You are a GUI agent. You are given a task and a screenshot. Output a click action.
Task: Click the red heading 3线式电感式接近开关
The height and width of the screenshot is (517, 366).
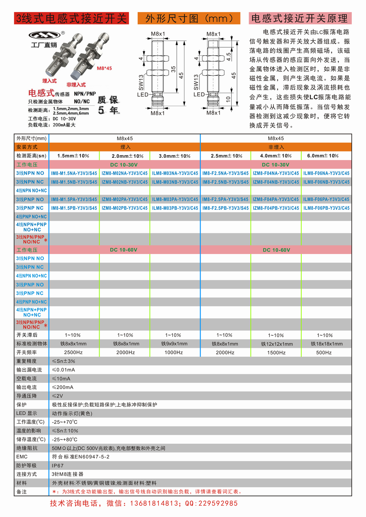click(x=71, y=18)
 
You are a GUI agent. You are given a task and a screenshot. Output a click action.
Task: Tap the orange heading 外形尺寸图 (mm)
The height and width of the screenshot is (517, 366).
click(x=189, y=18)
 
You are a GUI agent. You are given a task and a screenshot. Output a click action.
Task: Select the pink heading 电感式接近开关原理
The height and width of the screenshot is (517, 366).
click(x=300, y=18)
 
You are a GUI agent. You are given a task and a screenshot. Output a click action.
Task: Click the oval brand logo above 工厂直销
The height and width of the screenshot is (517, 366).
click(x=44, y=36)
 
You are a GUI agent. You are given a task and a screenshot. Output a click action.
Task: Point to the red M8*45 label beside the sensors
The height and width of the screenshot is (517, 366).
click(x=104, y=68)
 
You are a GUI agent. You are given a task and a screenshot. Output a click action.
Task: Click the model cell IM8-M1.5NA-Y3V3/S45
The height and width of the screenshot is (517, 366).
click(x=74, y=173)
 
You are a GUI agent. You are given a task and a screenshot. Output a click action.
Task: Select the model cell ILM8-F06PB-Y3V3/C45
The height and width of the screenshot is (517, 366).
click(x=326, y=208)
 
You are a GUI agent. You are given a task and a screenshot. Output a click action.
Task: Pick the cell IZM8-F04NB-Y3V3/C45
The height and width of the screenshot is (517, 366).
click(x=276, y=182)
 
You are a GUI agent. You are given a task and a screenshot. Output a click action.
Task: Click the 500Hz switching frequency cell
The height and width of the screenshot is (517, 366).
click(x=324, y=353)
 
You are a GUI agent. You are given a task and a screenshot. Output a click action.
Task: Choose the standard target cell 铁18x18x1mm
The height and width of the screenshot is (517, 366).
click(x=326, y=344)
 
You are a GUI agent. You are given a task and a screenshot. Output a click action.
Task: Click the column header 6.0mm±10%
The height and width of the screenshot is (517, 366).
click(x=323, y=156)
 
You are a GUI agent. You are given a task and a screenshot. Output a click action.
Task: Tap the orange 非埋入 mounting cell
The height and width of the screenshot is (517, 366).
click(x=276, y=147)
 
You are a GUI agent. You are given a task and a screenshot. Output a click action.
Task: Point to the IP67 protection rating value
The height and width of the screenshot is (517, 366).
click(x=57, y=466)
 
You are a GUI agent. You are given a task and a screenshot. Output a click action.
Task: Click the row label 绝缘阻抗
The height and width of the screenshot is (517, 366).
click(x=27, y=448)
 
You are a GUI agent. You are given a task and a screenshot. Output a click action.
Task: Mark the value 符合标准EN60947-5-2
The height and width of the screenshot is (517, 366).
click(x=81, y=457)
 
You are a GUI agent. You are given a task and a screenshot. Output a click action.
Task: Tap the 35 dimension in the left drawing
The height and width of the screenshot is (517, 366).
click(x=173, y=69)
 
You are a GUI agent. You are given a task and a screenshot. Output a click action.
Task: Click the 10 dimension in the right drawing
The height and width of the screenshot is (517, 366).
click(x=228, y=99)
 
